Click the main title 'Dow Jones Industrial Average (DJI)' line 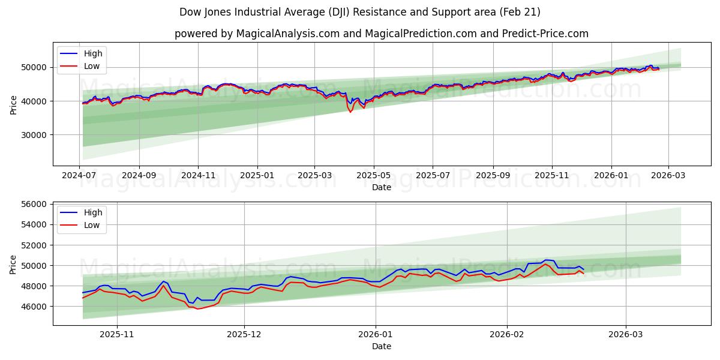(359, 12)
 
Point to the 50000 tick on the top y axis (35, 67)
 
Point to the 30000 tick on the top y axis (35, 135)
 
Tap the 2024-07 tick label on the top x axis (80, 175)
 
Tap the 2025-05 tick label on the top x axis (373, 175)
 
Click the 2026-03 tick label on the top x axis (668, 175)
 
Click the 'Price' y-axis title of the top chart (13, 104)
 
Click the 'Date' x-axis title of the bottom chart (382, 346)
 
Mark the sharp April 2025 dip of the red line (351, 112)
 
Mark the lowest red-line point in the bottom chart (197, 308)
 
